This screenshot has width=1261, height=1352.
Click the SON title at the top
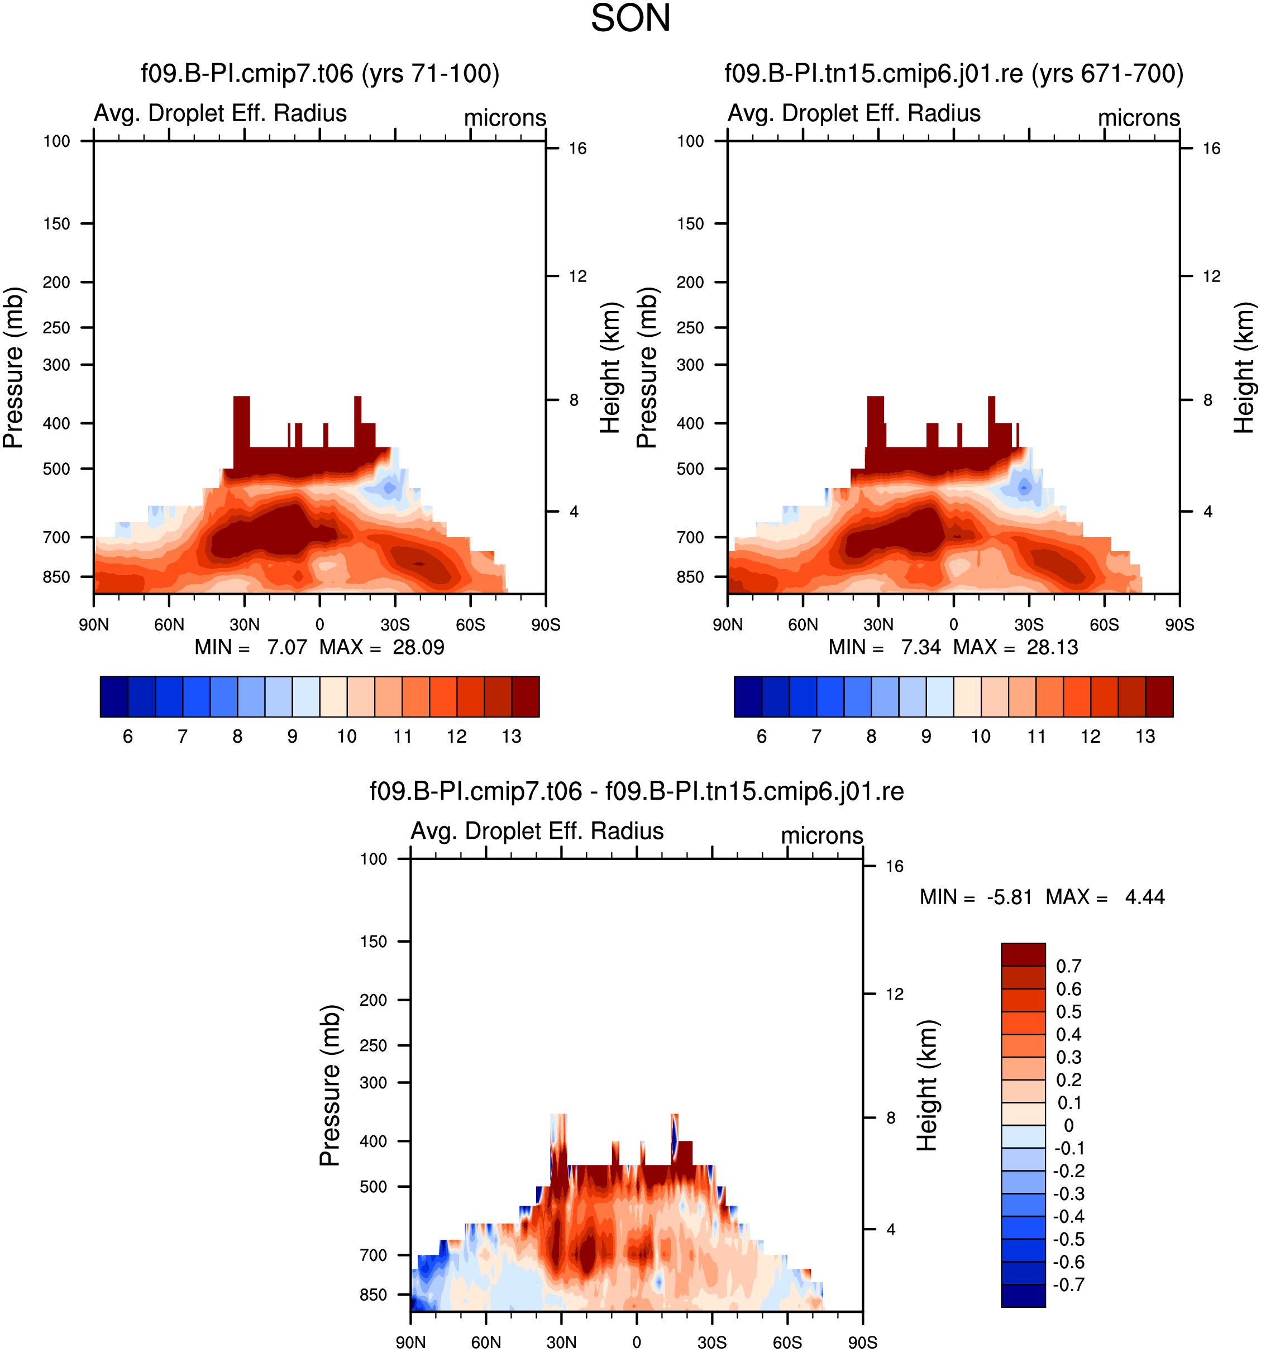[630, 18]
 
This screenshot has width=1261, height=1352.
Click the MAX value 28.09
[418, 647]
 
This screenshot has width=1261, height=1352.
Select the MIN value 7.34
[921, 647]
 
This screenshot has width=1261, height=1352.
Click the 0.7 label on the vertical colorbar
[1068, 967]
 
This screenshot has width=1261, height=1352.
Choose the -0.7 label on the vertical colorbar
[1068, 1284]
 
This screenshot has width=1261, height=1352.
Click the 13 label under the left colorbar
[512, 737]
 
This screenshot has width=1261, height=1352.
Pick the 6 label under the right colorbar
[762, 737]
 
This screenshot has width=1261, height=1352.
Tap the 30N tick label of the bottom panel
[561, 1343]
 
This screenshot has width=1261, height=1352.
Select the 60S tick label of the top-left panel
[471, 625]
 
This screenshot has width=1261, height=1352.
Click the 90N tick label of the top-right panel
[728, 625]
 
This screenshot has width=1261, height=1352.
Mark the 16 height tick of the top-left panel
[577, 148]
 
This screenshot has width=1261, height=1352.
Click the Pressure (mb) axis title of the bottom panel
[330, 1086]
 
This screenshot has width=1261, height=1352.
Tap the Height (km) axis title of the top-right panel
[1244, 368]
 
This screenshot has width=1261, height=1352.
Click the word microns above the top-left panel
[505, 118]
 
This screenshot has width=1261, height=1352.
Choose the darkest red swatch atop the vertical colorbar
[1023, 955]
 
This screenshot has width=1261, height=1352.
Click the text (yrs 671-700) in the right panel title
[1107, 74]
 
